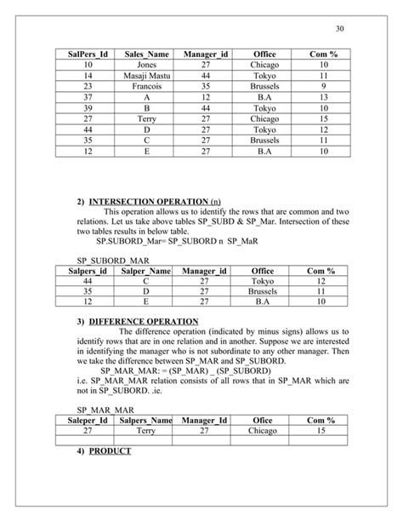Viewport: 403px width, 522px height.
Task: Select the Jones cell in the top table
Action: coord(145,64)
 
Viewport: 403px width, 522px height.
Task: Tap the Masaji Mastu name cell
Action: coord(145,75)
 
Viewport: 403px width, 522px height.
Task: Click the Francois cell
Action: coord(145,86)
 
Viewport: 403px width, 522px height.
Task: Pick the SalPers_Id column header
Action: coord(88,53)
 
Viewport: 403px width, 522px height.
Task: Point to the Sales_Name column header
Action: coord(145,53)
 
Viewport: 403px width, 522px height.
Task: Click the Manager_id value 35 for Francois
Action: coord(205,86)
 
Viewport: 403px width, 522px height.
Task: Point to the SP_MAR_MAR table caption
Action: coord(100,409)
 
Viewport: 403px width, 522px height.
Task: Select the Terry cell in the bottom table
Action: coord(145,431)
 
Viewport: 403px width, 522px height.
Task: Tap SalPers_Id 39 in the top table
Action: coord(88,108)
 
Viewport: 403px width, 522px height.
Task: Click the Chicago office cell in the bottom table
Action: coord(264,431)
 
